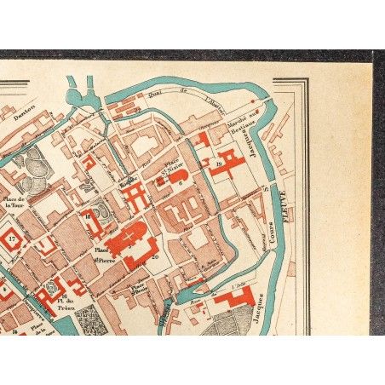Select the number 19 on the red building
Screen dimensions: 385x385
[x=220, y=163]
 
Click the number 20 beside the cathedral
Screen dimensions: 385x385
[x=154, y=256]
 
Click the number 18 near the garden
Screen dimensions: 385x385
[x=88, y=218]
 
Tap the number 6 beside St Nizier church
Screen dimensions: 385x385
[x=181, y=183]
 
